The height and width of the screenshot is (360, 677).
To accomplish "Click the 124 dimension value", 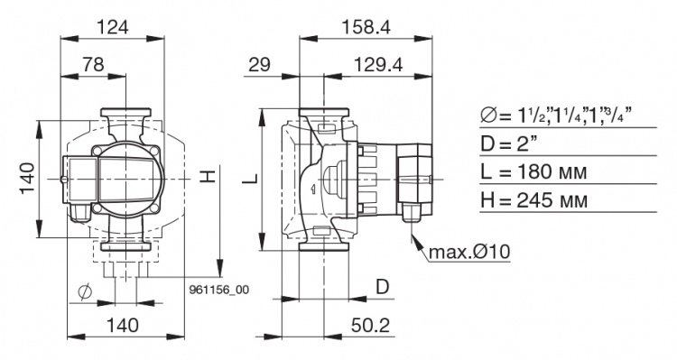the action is click(x=112, y=27).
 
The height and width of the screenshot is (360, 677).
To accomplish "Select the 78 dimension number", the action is click(x=94, y=64).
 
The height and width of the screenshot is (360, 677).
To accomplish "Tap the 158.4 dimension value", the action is click(x=366, y=27).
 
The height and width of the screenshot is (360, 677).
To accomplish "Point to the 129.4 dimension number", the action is click(x=378, y=65).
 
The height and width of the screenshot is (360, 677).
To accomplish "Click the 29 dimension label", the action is click(x=259, y=65).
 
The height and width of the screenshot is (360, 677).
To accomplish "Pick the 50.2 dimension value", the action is click(x=370, y=326).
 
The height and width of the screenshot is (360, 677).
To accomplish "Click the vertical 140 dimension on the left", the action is click(x=27, y=179).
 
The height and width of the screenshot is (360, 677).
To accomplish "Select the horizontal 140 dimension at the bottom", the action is click(x=123, y=325).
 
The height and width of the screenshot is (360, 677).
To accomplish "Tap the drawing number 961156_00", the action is click(x=219, y=290).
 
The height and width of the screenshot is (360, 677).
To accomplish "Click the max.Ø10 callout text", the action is click(x=469, y=251).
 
